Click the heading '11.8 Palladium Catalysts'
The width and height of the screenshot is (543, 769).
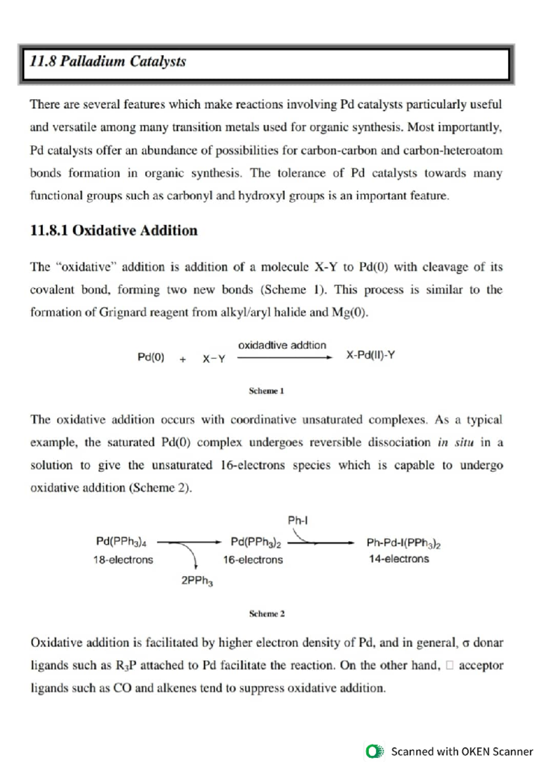tap(108, 61)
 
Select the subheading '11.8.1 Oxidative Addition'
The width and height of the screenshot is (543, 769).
tap(114, 230)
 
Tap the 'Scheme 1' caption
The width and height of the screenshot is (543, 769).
tap(266, 390)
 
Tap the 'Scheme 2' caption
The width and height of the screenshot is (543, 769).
tap(267, 614)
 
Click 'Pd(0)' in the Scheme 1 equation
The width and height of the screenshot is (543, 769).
tap(151, 357)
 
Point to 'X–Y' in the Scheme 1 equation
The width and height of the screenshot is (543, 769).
tap(214, 359)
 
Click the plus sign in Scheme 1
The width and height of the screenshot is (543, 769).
tap(182, 360)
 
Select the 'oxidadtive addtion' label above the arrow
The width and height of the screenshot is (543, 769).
tap(282, 345)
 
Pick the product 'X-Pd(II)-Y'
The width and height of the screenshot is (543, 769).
tap(370, 355)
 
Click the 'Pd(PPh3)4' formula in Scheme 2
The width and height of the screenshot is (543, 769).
tap(121, 542)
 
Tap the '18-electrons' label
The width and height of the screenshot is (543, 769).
tap(123, 560)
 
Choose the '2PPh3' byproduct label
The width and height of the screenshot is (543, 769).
tap(197, 581)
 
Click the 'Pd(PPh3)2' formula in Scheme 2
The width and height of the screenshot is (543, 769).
tap(256, 542)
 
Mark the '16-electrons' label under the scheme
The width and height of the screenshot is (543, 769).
tap(252, 560)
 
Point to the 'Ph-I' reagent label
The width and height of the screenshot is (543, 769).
tap(297, 520)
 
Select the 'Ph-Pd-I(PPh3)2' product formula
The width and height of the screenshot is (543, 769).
tap(403, 543)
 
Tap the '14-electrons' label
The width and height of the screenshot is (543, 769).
tap(399, 559)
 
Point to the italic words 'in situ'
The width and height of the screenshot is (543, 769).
tap(455, 442)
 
